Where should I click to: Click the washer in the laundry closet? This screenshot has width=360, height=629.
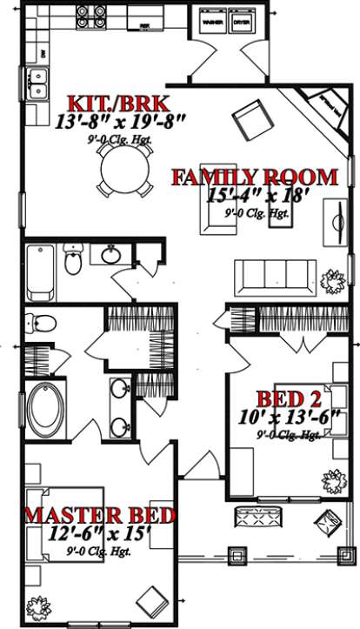211,19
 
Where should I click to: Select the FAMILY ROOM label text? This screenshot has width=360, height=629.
254,178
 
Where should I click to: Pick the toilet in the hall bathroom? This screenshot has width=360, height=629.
73,258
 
